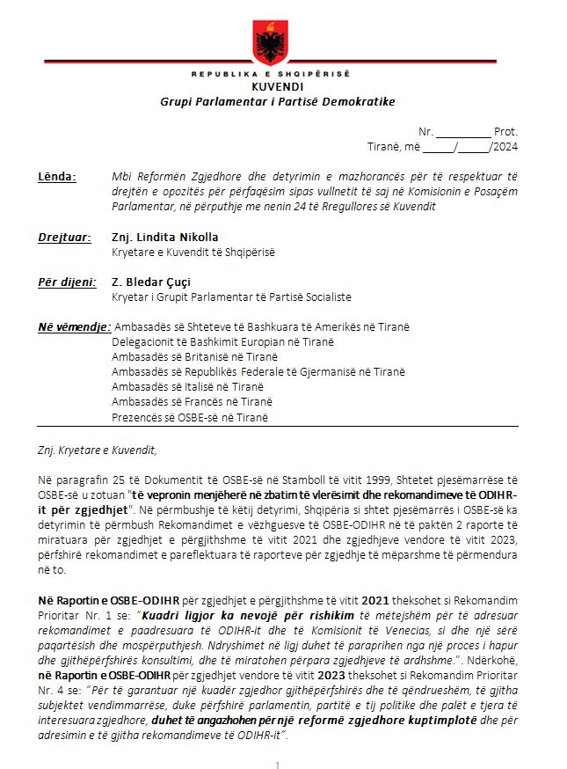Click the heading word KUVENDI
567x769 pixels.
point(277,88)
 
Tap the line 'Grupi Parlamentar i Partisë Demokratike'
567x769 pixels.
point(277,101)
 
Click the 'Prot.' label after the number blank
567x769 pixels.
point(505,130)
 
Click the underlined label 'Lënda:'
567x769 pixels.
point(57,176)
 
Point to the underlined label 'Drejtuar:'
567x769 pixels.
point(63,238)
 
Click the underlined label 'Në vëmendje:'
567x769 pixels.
point(74,327)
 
